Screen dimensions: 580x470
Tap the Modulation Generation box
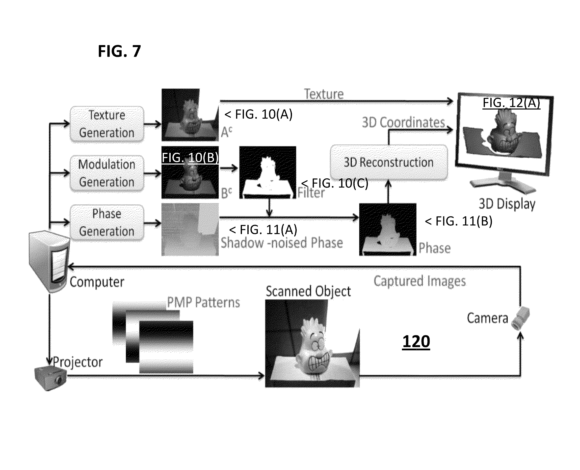pyautogui.click(x=107, y=173)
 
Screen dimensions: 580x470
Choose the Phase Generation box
pyautogui.click(x=107, y=222)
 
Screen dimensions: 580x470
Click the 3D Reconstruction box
pyautogui.click(x=389, y=163)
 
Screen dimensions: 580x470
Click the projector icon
pyautogui.click(x=51, y=378)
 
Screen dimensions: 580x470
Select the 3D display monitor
pyautogui.click(x=504, y=142)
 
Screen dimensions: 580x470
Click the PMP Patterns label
pyautogui.click(x=203, y=302)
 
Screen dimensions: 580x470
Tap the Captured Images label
pyautogui.click(x=420, y=281)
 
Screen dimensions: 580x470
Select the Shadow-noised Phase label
pyautogui.click(x=282, y=243)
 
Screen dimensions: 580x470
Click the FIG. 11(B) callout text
pyautogui.click(x=458, y=221)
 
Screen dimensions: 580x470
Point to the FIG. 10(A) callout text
pyautogui.click(x=259, y=114)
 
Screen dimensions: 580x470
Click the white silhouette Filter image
pyautogui.click(x=268, y=172)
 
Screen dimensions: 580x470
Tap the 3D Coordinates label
pyautogui.click(x=403, y=122)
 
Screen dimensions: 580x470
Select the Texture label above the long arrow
pyautogui.click(x=324, y=94)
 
